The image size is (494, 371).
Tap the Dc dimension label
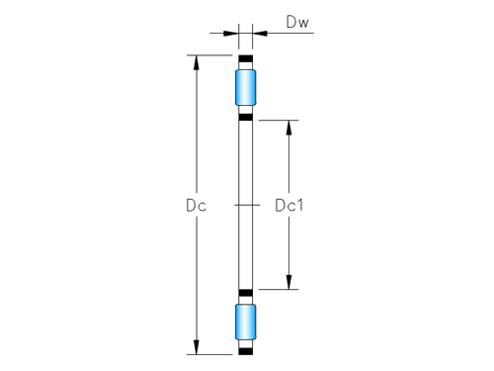[196, 206]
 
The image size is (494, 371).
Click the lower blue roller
[245, 323]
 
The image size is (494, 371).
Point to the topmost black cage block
[245, 59]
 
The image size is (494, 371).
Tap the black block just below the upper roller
[245, 118]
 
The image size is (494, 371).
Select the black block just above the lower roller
[245, 292]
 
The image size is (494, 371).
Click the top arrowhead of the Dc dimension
[196, 62]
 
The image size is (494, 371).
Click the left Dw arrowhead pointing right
[231, 34]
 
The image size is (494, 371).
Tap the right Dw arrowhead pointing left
[259, 34]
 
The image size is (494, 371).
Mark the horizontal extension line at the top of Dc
[212, 55]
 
